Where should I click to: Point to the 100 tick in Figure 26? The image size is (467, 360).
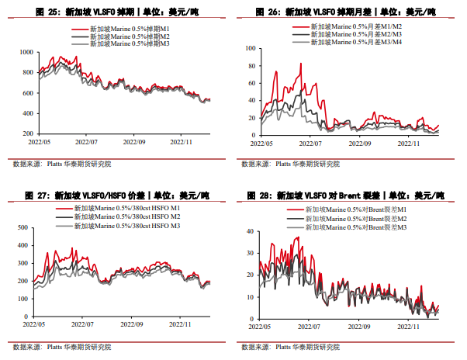pos(251,47)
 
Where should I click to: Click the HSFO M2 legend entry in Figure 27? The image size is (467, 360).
pos(126,218)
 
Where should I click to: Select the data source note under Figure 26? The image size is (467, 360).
pos(290,164)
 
